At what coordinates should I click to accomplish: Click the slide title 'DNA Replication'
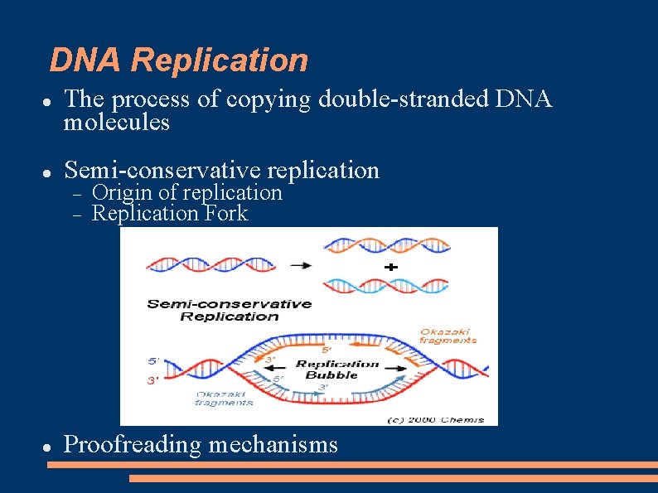(178, 60)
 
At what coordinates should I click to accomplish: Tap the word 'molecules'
(117, 123)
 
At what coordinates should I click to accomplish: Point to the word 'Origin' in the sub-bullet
(123, 192)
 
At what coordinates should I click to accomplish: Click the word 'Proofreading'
(133, 445)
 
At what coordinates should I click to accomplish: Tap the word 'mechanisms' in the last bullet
(273, 445)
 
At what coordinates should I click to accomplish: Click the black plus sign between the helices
(390, 267)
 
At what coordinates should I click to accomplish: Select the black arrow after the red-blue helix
(302, 265)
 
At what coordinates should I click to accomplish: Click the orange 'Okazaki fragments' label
(448, 336)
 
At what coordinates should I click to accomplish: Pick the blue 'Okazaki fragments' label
(225, 399)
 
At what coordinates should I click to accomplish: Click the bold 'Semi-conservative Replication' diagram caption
(230, 310)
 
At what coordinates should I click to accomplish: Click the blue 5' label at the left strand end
(153, 361)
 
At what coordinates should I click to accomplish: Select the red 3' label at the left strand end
(153, 381)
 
